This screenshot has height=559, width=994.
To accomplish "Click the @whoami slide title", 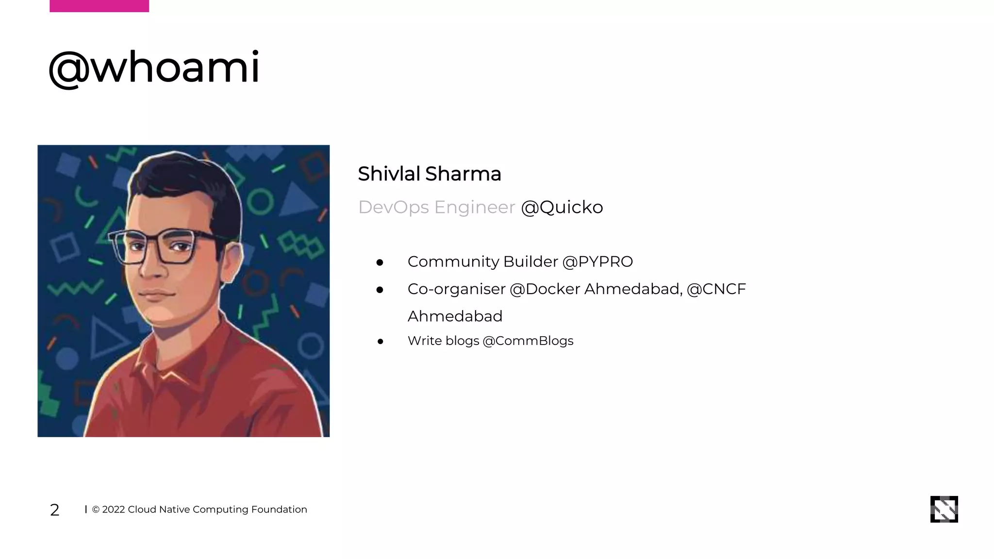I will (154, 68).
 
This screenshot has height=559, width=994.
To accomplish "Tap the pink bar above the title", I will (99, 6).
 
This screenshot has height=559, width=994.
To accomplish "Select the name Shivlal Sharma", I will (429, 174).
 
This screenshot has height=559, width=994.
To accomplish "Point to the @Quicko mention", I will (562, 207).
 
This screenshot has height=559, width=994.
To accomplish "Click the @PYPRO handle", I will (597, 262).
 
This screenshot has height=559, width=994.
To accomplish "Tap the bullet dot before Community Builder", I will (380, 263).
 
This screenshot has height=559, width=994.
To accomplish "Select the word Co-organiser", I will (456, 289).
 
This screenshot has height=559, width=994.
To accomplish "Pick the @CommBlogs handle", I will (528, 341).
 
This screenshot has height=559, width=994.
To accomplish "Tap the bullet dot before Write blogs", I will (380, 342).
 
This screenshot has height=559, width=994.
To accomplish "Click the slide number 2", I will (55, 510).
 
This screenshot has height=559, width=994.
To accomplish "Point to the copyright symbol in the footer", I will (96, 510).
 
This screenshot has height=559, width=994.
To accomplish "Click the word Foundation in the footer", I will (279, 510).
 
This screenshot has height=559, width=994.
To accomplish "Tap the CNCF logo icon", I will (944, 509).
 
